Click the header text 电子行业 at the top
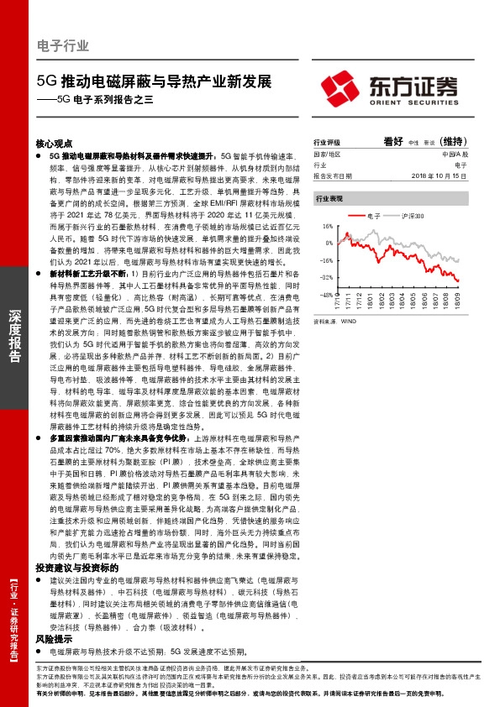[63, 47]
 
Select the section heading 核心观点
[55, 144]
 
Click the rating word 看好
[393, 142]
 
